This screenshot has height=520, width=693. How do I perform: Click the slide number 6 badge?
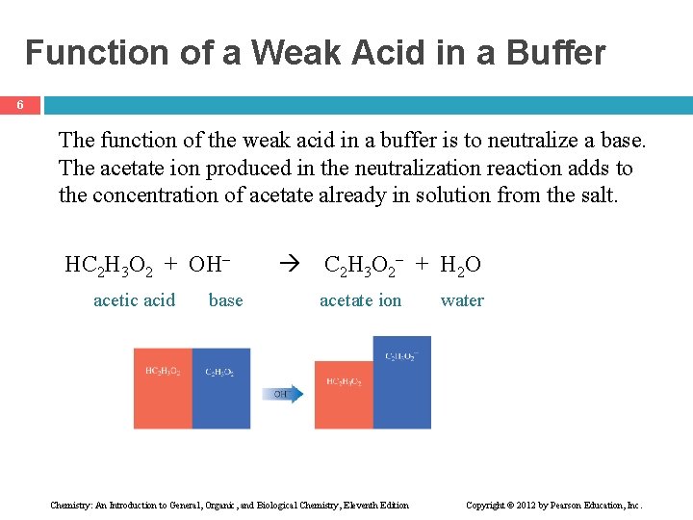tap(20, 105)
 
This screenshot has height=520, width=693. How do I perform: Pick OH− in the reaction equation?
tap(214, 264)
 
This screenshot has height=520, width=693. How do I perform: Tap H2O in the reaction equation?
tap(461, 265)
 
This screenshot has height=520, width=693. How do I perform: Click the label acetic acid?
tap(134, 300)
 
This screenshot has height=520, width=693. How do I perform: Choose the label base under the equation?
tap(225, 300)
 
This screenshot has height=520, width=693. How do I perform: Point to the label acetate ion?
tap(360, 300)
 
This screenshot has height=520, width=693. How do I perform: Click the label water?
tap(462, 300)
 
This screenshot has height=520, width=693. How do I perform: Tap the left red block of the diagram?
tap(163, 389)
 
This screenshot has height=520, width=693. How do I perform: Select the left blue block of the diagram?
tap(220, 389)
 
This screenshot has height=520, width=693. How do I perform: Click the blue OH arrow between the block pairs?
tap(283, 393)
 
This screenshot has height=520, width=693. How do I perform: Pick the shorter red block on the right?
tap(344, 395)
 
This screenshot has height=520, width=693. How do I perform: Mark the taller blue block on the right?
tap(401, 383)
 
